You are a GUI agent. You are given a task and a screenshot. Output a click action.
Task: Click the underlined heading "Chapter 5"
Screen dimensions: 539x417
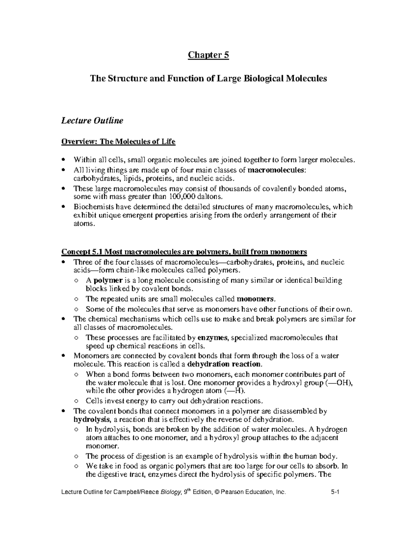coord(208,55)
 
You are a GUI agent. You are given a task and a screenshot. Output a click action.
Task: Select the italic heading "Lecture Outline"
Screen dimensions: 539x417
coord(92,121)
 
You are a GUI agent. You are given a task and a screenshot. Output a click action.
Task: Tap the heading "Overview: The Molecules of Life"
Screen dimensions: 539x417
coord(118,142)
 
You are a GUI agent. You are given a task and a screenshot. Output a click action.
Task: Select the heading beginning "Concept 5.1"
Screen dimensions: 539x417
coord(184,252)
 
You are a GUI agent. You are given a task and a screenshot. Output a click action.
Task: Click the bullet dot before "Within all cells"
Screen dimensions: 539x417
coord(63,160)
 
